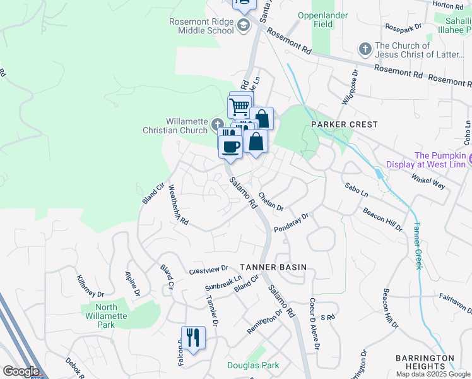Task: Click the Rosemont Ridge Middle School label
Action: (201, 26)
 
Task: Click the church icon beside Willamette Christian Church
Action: (217, 123)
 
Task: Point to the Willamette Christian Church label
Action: (186, 126)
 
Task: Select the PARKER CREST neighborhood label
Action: (344, 125)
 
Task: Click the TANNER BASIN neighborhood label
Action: (273, 267)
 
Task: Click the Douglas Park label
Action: (253, 365)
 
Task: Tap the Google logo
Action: (20, 371)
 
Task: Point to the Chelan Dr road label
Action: (271, 202)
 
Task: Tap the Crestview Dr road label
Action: (208, 270)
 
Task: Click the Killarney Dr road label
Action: (90, 286)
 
